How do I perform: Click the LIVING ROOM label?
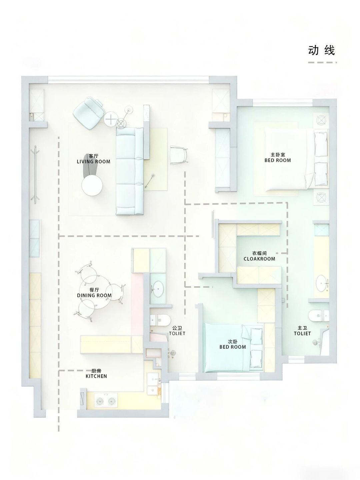(x=94, y=162)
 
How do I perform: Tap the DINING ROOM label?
(x=94, y=295)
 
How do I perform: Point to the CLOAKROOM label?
(x=259, y=259)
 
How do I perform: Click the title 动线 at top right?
(x=321, y=51)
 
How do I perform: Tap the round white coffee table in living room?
(x=92, y=185)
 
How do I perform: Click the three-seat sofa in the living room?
(x=130, y=171)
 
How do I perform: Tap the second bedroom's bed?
(x=233, y=347)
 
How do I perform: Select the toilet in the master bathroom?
(x=318, y=316)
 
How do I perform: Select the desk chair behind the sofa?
(x=179, y=155)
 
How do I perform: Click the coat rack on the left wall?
(x=35, y=175)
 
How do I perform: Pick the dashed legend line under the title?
(x=322, y=63)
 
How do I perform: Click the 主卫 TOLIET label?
(x=302, y=330)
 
